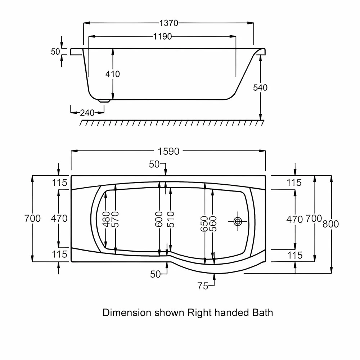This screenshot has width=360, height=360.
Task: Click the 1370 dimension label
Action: coord(169,23)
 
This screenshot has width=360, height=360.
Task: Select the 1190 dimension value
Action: coord(163,36)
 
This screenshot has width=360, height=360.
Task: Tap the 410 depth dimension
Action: coord(112,74)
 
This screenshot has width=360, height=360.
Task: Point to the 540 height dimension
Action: coord(260,87)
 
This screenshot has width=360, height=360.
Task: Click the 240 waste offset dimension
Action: coord(87,113)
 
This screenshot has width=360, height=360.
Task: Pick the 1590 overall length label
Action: coord(168,152)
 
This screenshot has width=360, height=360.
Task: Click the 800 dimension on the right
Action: coord(330,224)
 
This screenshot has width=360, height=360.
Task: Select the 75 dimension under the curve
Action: coord(203,286)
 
